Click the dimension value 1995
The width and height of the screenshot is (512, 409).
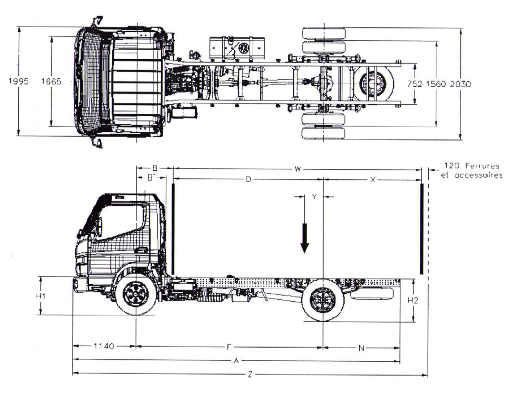click(x=19, y=81)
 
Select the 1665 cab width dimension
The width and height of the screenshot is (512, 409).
click(x=51, y=81)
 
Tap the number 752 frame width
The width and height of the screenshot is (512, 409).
click(x=415, y=84)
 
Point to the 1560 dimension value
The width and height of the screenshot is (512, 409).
click(x=436, y=84)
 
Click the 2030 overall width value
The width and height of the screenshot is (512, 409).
click(x=460, y=84)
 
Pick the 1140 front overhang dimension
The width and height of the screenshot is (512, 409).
click(x=104, y=346)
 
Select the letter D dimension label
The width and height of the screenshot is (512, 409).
click(x=248, y=179)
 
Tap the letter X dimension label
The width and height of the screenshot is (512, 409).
click(x=372, y=179)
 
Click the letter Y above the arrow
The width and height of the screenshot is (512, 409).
click(x=314, y=197)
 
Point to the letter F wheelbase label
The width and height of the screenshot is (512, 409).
click(x=229, y=347)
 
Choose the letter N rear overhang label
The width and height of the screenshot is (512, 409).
click(x=361, y=348)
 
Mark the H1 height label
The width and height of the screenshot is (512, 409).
click(x=40, y=296)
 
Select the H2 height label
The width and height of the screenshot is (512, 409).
click(x=413, y=301)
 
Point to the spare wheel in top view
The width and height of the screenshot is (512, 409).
click(x=372, y=85)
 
